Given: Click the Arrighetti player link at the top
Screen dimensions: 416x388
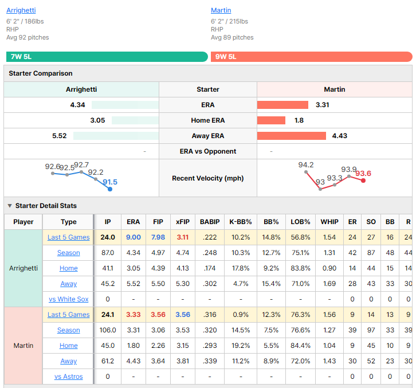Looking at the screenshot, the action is point(21,10).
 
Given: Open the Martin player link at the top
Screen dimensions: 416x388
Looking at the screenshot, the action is point(221,10).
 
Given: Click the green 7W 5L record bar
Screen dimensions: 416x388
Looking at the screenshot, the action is point(107,57).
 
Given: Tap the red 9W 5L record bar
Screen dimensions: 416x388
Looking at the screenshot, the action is point(312,57).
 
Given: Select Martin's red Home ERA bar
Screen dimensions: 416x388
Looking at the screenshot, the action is point(271,120).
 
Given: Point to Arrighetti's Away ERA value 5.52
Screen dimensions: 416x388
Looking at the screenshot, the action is point(60,136).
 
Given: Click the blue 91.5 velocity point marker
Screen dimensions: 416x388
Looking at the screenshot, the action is point(110,189).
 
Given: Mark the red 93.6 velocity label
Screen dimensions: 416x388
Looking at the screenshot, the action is point(363,173).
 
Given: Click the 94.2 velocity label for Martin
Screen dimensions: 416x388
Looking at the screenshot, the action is point(306,165).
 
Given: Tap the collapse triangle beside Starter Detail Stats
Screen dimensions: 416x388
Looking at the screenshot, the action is point(10,206).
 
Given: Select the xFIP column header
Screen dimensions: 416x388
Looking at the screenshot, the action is point(183,222).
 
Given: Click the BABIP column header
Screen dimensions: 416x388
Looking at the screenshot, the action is point(210,222).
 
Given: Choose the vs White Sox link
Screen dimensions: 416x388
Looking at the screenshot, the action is point(68,299).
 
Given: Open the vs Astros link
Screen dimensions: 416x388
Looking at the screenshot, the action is point(68,377).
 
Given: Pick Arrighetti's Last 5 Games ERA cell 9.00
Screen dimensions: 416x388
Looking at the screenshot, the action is point(134,237).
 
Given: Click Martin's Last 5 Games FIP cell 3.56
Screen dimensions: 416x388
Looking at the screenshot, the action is point(158,315).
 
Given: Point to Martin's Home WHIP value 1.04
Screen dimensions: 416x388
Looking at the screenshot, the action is point(329,346).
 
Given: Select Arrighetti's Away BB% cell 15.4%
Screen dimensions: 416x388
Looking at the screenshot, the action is point(271,284).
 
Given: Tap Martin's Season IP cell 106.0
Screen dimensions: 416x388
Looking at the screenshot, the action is point(108,330).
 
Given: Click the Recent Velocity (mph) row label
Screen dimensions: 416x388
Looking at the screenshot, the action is point(208,178).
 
